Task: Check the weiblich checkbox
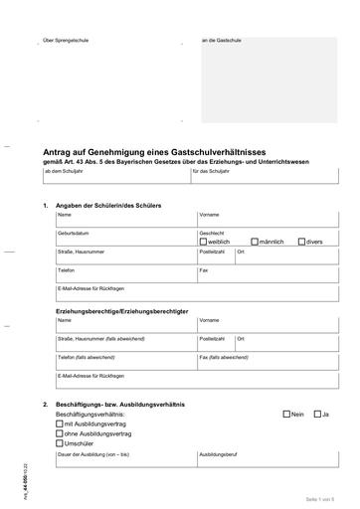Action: (x=204, y=242)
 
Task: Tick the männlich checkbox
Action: (x=255, y=242)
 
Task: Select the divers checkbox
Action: (x=301, y=242)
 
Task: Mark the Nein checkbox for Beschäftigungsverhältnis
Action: (x=286, y=414)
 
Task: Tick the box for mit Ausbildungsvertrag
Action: (x=60, y=424)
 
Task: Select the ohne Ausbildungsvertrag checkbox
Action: (x=60, y=433)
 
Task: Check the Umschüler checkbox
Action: (x=60, y=443)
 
